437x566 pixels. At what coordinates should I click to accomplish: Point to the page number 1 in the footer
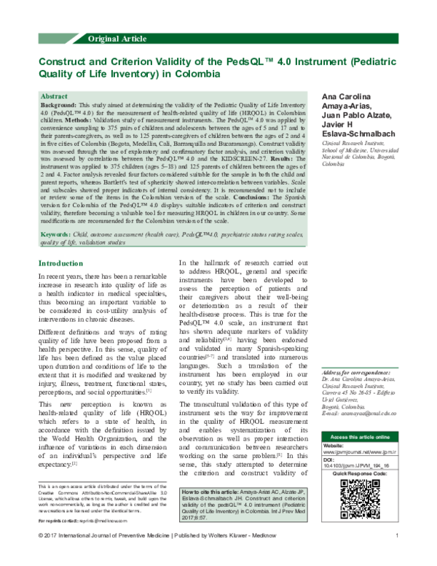click(396, 557)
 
